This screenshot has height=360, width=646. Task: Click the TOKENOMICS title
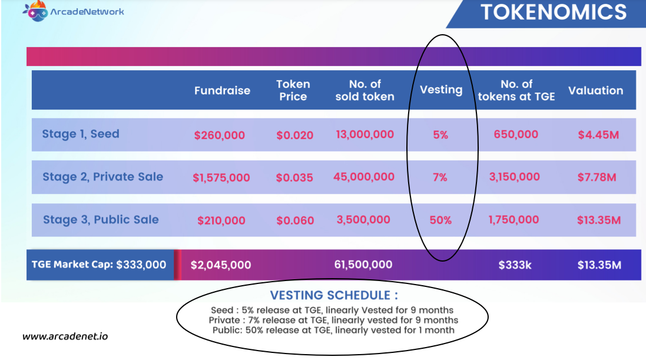[x=554, y=12]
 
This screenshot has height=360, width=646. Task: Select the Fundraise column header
[x=222, y=90]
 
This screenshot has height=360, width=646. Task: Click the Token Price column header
[x=293, y=90]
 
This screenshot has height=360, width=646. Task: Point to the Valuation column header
[x=596, y=90]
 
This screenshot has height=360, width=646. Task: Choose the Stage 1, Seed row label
[x=81, y=134]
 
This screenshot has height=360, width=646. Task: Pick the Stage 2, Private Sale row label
[x=103, y=177]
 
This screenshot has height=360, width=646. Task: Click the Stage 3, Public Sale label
[x=101, y=220]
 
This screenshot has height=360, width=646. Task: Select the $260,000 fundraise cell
[x=220, y=136]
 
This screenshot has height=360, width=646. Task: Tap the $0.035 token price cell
[x=294, y=178]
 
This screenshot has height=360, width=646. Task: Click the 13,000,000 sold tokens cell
[x=365, y=134]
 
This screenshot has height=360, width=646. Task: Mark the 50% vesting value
[x=440, y=220]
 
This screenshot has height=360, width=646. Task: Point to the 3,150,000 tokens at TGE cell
[x=515, y=177]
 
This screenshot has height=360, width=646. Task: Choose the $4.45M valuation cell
[x=598, y=135]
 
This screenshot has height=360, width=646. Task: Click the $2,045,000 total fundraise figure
[x=221, y=265]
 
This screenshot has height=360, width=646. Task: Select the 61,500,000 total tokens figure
[x=363, y=265]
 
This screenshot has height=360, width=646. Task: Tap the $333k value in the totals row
[x=515, y=265]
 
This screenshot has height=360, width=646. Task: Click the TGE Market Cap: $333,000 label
[x=99, y=265]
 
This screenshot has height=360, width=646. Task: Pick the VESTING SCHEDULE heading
[x=334, y=295]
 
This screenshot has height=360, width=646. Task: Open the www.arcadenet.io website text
[x=65, y=336]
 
